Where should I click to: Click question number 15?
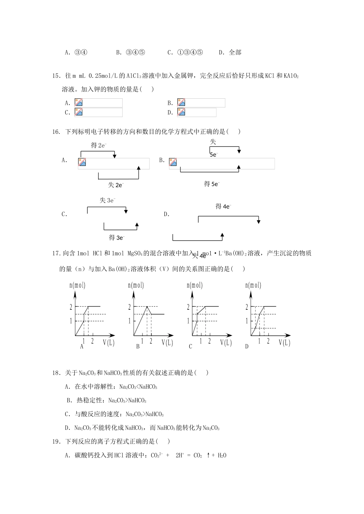tap(56, 76)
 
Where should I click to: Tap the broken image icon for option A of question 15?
tap(79, 102)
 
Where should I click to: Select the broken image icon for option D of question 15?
tap(181, 112)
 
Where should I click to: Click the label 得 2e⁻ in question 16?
tap(98, 145)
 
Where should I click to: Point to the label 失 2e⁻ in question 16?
tap(116, 185)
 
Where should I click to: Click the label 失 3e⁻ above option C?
tap(108, 200)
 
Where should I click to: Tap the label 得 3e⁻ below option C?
tap(116, 237)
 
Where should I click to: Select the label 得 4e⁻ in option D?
tap(223, 207)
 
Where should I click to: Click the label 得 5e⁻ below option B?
tap(212, 184)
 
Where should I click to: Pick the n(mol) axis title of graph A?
tap(77, 285)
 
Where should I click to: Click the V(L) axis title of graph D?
tap(285, 343)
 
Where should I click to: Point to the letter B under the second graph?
tap(138, 346)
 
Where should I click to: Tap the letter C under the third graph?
tap(190, 346)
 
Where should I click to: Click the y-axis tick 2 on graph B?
tap(130, 307)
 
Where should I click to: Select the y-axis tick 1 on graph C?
tap(188, 321)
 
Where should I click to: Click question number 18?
tap(56, 373)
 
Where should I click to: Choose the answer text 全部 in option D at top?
tap(235, 53)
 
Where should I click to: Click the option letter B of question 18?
tap(69, 400)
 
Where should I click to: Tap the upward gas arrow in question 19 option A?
tap(208, 455)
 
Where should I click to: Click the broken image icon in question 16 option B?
tap(173, 162)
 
